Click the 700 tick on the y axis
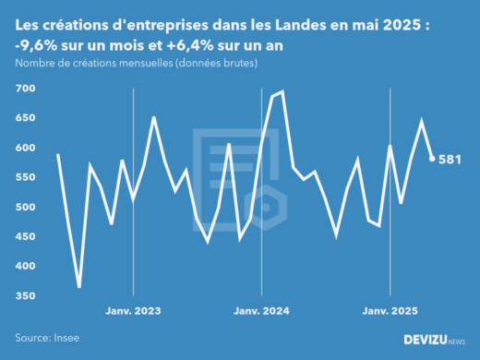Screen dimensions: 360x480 25,89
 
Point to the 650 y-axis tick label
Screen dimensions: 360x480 25,118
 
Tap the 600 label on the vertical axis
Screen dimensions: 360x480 25,148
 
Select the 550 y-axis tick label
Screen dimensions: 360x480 25,177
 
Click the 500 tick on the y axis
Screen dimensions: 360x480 25,207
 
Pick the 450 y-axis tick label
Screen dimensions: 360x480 25,236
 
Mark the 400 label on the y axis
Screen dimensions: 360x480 25,266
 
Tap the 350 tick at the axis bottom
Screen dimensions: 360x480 25,295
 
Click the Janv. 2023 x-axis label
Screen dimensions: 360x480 134,312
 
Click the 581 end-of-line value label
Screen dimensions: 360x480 450,159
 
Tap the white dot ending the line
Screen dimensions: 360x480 432,159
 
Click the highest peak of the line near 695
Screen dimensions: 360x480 282,91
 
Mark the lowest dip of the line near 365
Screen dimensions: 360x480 79,287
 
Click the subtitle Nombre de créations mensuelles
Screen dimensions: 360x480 136,63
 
